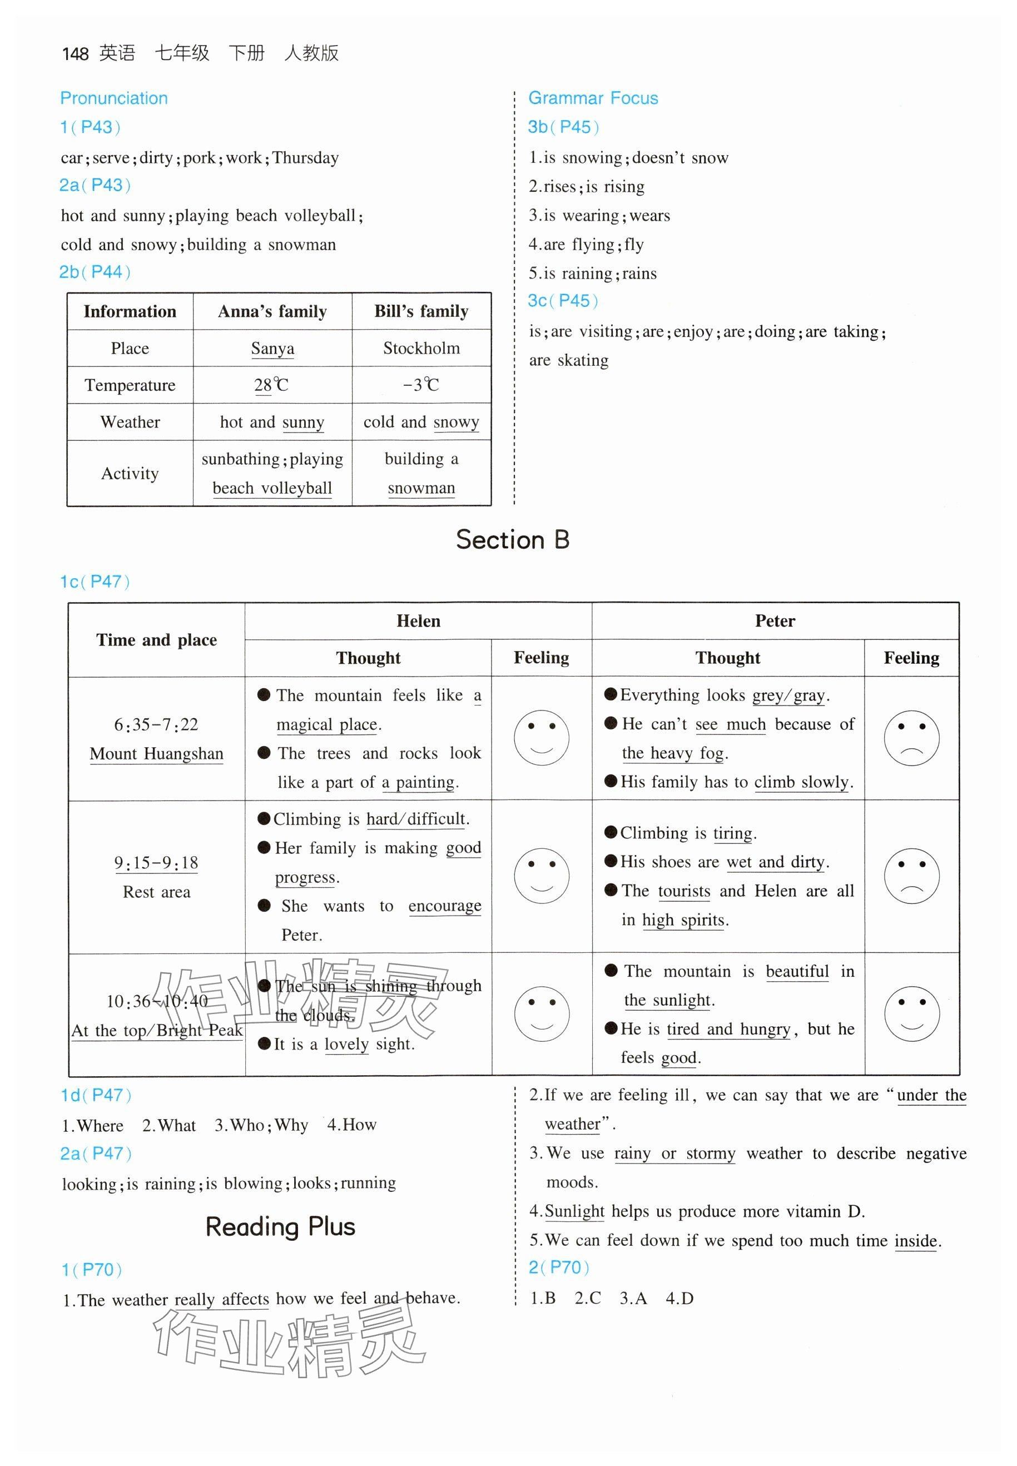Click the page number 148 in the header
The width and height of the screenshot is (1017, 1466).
tap(75, 53)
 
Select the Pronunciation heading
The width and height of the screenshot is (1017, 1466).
tap(114, 98)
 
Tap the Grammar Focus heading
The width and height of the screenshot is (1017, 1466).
tap(593, 98)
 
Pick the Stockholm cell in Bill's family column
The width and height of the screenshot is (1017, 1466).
tap(421, 349)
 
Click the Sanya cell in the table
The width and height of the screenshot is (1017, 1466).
tap(272, 349)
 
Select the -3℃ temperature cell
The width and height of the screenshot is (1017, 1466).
tap(421, 385)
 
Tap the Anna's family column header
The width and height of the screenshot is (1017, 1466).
tap(272, 311)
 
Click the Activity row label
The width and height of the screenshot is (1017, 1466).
tap(130, 473)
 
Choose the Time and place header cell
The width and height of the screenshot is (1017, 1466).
tap(156, 640)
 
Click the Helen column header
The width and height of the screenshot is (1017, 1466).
tap(418, 621)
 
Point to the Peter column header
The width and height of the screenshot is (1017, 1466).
tap(775, 621)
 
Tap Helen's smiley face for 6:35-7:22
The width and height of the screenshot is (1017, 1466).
tap(541, 738)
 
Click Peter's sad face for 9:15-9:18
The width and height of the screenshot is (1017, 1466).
tap(911, 876)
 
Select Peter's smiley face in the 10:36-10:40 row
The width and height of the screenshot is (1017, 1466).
tap(911, 1014)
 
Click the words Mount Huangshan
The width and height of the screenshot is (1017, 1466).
tap(156, 754)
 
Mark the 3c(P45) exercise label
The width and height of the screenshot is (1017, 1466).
tap(563, 301)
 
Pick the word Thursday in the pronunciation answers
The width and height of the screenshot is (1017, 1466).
tap(306, 158)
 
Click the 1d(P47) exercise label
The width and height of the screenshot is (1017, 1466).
tap(96, 1095)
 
